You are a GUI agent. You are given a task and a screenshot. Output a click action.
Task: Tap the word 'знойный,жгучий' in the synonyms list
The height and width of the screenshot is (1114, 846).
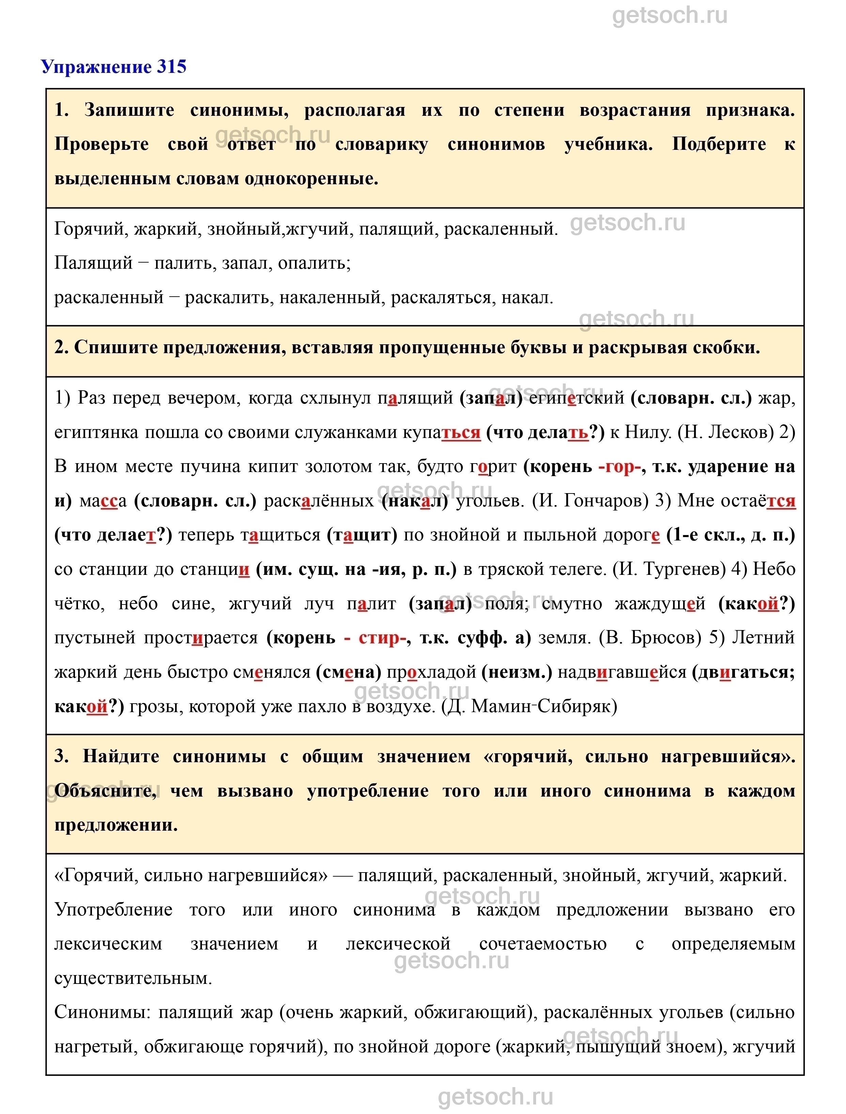tap(278, 229)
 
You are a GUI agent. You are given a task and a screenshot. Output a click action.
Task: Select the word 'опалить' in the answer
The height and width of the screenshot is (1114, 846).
tap(312, 263)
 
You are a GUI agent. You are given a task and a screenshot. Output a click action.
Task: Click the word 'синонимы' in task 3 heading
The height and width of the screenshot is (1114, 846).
tap(220, 756)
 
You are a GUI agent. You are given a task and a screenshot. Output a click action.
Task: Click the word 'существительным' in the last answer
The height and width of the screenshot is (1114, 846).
tap(133, 978)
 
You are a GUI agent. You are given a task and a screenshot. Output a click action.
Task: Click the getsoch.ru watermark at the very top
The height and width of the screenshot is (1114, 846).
tap(670, 16)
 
